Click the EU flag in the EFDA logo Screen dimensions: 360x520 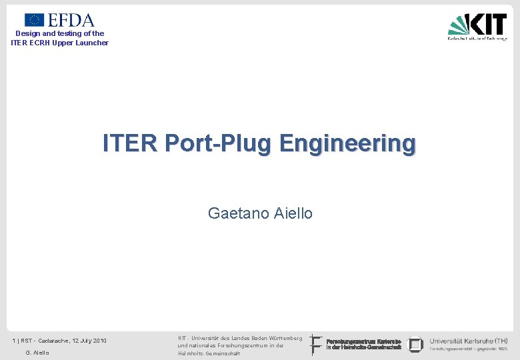[x=34, y=20]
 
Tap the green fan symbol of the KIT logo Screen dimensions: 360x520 [x=459, y=25]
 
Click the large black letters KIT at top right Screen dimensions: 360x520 [x=489, y=24]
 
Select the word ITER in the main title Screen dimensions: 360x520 [x=130, y=143]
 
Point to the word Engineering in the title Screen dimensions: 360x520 [x=347, y=143]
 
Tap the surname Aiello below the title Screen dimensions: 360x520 [x=293, y=213]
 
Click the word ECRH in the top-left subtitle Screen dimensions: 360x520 [x=39, y=43]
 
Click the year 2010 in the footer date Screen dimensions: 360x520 [x=99, y=341]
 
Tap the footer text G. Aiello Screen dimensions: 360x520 [x=37, y=353]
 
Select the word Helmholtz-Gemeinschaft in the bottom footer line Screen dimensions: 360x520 [x=209, y=353]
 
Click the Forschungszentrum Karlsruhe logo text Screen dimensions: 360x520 [x=363, y=344]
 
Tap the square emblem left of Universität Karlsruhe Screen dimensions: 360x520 [x=415, y=344]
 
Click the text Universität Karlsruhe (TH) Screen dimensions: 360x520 [x=468, y=341]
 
